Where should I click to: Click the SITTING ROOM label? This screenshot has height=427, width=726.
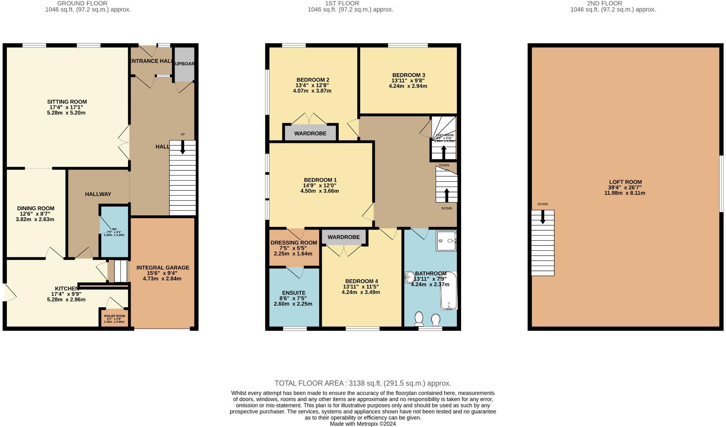(67, 102)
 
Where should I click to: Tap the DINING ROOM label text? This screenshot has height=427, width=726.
(35, 208)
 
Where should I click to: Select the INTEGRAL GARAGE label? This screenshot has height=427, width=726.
(163, 268)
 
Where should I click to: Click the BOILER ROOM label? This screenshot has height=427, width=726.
(114, 316)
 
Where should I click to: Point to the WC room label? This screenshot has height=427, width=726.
(114, 229)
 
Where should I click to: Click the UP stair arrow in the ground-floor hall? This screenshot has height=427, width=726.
(183, 147)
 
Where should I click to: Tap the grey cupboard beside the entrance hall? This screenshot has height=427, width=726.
(184, 64)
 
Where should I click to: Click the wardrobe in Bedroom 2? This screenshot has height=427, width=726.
(310, 133)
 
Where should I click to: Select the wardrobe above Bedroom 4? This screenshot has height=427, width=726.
(344, 237)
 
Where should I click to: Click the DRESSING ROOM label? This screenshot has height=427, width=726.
(294, 243)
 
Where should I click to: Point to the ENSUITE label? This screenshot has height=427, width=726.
(293, 293)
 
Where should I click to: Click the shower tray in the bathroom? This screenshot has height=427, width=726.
(446, 241)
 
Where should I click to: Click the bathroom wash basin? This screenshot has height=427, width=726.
(409, 277)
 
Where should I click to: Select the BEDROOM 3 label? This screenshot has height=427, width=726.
(408, 75)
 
